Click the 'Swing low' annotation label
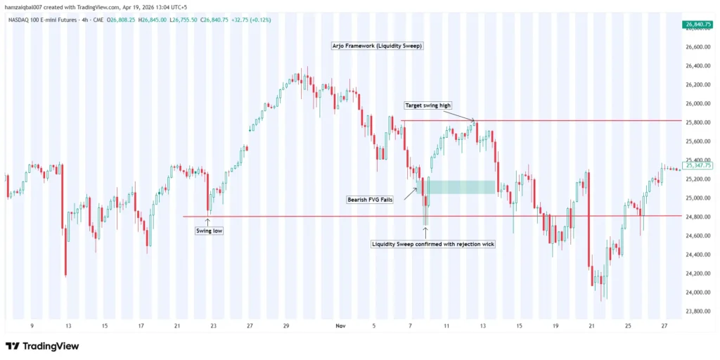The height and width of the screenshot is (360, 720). click(210, 230)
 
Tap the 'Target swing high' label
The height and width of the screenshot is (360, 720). click(427, 105)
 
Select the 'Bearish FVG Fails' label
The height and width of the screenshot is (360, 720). click(370, 200)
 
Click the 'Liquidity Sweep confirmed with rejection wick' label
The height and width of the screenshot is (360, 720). click(432, 244)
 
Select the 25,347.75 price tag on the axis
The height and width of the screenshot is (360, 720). click(698, 166)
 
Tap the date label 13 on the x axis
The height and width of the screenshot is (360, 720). click(67, 326)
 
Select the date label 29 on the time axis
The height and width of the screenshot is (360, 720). click(286, 326)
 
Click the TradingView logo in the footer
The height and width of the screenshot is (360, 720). click(42, 346)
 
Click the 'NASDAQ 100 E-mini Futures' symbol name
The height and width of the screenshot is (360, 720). click(43, 20)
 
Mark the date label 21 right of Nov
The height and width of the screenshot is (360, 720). click(591, 326)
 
